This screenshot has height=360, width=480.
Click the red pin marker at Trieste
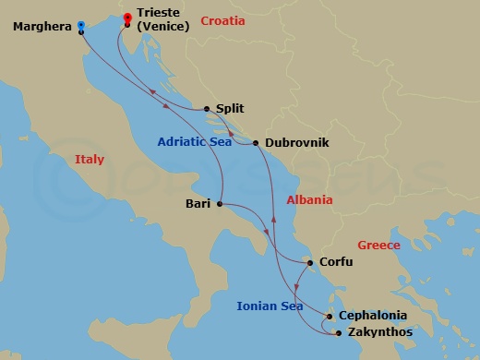[126, 17]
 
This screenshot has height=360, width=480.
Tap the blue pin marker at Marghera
[81, 27]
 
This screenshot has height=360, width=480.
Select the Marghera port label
[42, 27]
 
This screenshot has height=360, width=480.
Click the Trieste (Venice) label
[162, 19]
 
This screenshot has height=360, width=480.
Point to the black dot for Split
[206, 108]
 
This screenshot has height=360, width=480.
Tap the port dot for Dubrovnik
[256, 143]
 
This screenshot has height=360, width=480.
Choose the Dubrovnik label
[296, 143]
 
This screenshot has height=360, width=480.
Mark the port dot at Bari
[220, 204]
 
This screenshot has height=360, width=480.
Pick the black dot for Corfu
[311, 262]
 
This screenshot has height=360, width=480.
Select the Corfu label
[336, 262]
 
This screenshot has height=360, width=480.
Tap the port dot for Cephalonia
[330, 317]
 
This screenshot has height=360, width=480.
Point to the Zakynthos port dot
[339, 332]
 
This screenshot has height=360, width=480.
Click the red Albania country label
[309, 200]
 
